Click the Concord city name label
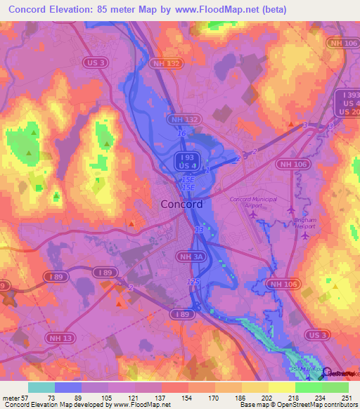[x=181, y=204]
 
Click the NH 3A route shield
[x=193, y=257]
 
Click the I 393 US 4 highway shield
[x=346, y=103]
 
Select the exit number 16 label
[x=181, y=133]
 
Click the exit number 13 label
[x=200, y=230]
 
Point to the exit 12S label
[x=193, y=281]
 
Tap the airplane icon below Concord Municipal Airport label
[x=253, y=214]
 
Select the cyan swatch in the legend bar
[x=41, y=387]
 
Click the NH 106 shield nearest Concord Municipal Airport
[x=286, y=164]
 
